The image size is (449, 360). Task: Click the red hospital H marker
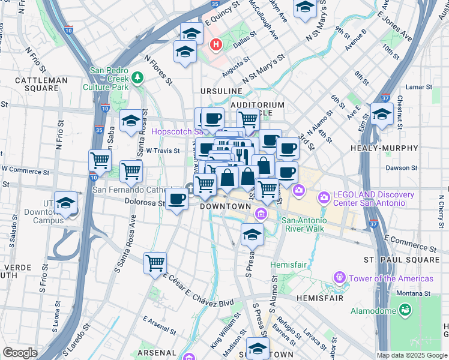point(215,44)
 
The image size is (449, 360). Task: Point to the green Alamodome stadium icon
point(406,310)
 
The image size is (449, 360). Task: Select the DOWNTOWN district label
point(224,206)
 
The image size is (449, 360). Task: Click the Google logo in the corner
point(20,353)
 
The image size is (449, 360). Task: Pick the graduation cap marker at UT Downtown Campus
point(65,203)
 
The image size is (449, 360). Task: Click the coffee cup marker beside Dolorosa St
point(176,199)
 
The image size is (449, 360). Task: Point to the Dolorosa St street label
point(145,203)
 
